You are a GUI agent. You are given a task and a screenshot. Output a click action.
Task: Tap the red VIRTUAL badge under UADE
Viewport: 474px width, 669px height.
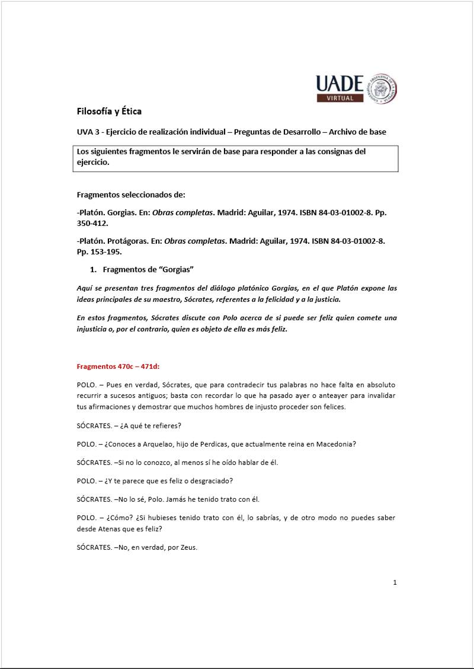pos(343,98)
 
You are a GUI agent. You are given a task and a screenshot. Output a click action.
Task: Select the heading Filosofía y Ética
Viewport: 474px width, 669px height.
pos(109,111)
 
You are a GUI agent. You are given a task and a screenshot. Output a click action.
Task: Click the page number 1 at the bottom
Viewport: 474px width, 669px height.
pos(395,582)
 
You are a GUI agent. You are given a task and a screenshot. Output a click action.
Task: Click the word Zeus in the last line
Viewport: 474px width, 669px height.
pos(186,547)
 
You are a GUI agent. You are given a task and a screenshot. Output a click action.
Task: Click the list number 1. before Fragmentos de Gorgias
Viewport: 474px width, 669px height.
pos(93,270)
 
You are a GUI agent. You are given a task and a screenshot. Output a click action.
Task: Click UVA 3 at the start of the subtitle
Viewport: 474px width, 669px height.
pos(89,132)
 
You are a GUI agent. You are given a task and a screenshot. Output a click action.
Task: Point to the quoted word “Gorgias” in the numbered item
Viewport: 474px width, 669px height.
pos(176,270)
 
